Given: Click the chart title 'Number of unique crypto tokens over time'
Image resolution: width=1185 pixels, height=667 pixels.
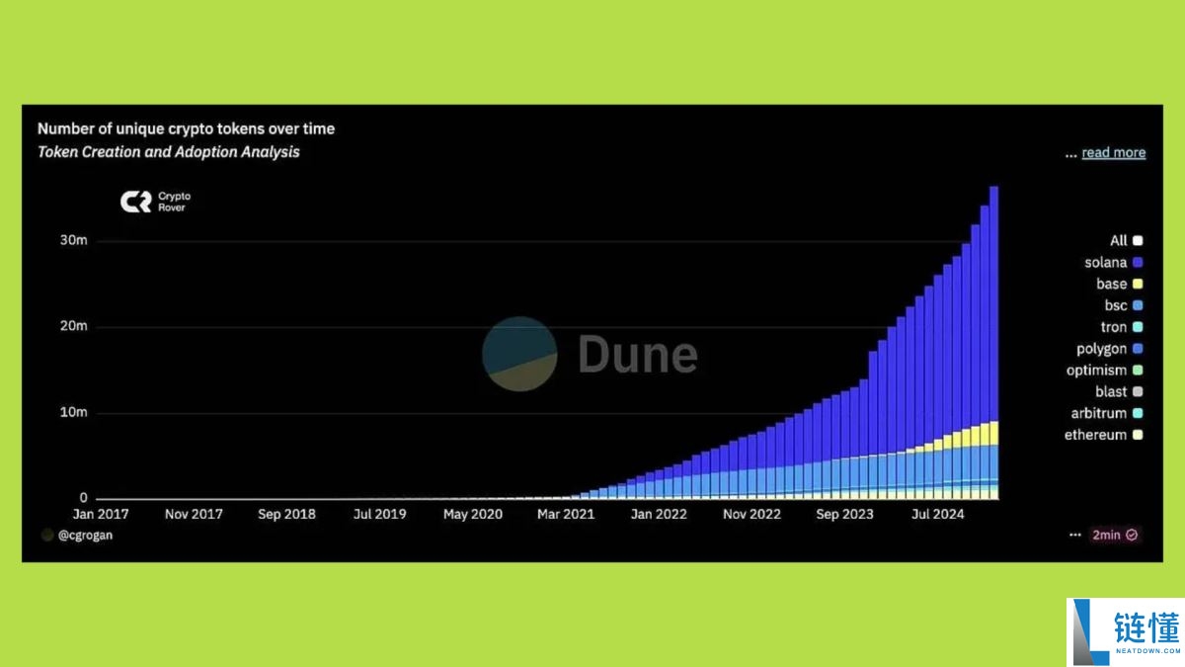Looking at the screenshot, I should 186,128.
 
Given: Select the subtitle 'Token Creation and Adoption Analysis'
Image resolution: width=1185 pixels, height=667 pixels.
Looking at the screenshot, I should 169,152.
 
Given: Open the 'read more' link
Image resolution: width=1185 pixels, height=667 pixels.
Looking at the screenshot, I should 1113,152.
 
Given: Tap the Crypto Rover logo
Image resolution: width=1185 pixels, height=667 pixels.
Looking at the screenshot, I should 154,202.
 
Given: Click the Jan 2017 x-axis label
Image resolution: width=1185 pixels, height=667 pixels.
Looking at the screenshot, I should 101,514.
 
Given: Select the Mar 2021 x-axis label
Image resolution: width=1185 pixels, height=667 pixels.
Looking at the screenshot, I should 566,514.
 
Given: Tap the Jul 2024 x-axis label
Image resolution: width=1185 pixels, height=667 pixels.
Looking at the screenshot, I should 937,514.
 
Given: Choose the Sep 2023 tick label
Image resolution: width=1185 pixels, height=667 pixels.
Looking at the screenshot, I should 844,514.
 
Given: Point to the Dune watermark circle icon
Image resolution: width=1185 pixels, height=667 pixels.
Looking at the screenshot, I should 519,354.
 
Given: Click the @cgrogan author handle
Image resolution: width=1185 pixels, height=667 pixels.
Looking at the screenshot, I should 85,535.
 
